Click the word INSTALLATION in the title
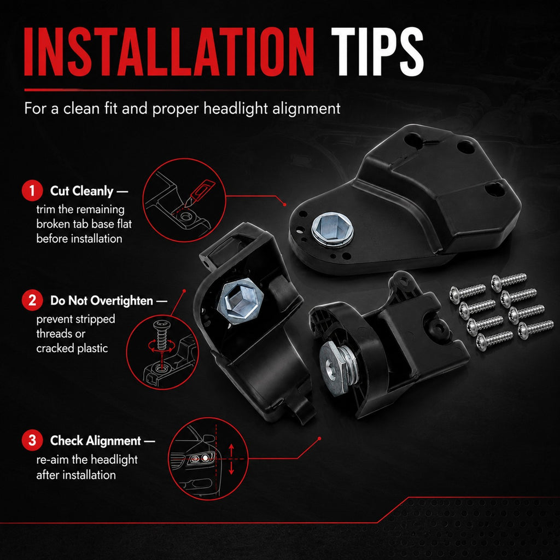[169, 52]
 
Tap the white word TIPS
[377, 52]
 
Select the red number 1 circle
[32, 191]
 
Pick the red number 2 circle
[32, 300]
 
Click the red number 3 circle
[32, 440]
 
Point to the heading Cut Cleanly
[82, 191]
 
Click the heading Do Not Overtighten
[102, 301]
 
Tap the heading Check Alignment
[96, 441]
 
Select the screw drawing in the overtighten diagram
[160, 335]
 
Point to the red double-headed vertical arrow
[231, 459]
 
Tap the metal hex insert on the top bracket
[332, 230]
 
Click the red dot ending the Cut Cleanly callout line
[284, 205]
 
